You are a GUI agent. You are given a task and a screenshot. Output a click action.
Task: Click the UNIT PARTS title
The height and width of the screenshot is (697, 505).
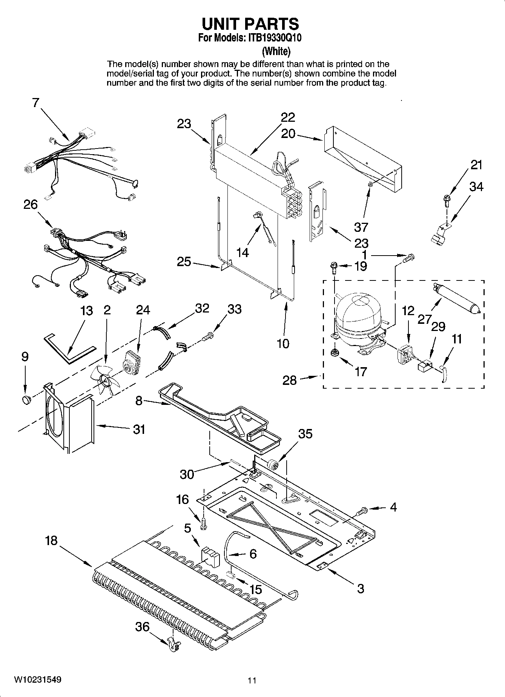pos(250,24)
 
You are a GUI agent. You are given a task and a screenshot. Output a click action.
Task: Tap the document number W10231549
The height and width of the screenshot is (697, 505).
pos(38,680)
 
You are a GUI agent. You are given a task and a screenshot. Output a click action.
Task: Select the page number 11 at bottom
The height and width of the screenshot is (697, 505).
pos(252,680)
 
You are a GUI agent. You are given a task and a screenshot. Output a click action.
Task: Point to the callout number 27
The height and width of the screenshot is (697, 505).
pos(424,320)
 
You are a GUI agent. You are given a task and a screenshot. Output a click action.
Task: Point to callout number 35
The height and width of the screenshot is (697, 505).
pos(305,434)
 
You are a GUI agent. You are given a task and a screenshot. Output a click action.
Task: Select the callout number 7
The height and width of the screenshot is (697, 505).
pos(35,103)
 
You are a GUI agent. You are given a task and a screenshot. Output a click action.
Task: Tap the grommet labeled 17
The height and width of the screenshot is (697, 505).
pos(334,353)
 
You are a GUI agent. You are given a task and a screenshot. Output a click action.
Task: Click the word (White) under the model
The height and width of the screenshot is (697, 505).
pos(276,51)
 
